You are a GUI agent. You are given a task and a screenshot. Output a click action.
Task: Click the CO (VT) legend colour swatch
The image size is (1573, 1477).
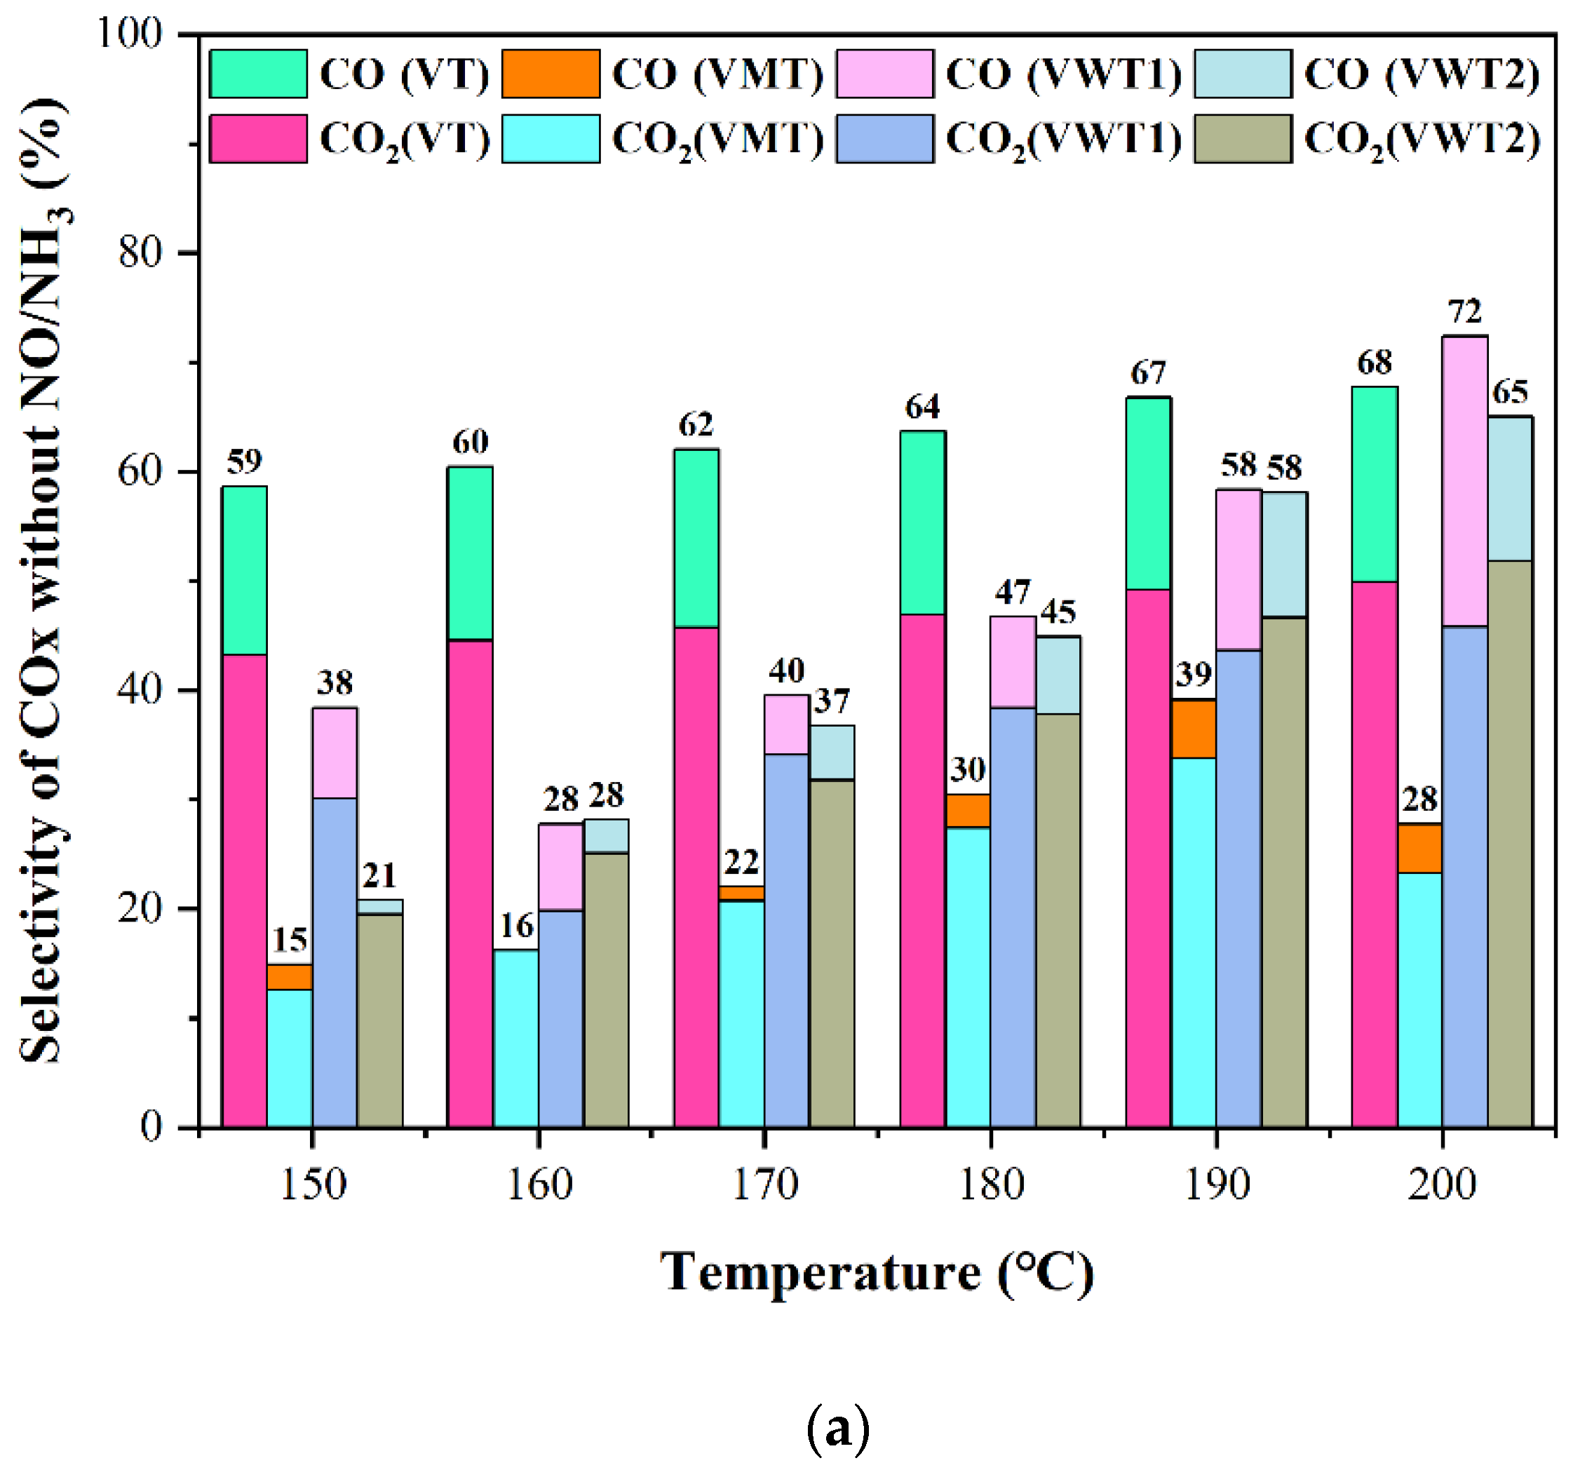pyautogui.click(x=258, y=74)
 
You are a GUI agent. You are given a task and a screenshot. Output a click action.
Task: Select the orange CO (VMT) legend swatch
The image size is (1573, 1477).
pyautogui.click(x=551, y=74)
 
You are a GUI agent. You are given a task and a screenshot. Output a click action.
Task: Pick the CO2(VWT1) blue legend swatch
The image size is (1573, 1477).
pyautogui.click(x=884, y=140)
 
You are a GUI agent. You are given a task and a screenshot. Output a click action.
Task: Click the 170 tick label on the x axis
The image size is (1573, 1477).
pyautogui.click(x=764, y=1185)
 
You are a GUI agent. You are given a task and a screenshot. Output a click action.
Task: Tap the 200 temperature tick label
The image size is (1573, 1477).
pyautogui.click(x=1442, y=1185)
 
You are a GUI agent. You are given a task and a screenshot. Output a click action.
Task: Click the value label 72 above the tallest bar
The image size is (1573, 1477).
pyautogui.click(x=1464, y=313)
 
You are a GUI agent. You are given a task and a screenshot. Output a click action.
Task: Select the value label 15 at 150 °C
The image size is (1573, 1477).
pyautogui.click(x=290, y=940)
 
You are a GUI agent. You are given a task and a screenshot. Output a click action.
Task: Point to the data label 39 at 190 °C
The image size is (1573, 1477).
pyautogui.click(x=1193, y=674)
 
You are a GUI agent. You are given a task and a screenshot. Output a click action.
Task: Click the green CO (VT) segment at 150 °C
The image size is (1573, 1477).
pyautogui.click(x=244, y=569)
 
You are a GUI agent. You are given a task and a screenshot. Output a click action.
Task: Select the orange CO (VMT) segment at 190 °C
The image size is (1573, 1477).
pyautogui.click(x=1193, y=729)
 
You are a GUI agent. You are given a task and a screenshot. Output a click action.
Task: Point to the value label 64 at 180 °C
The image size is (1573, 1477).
pyautogui.click(x=923, y=407)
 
